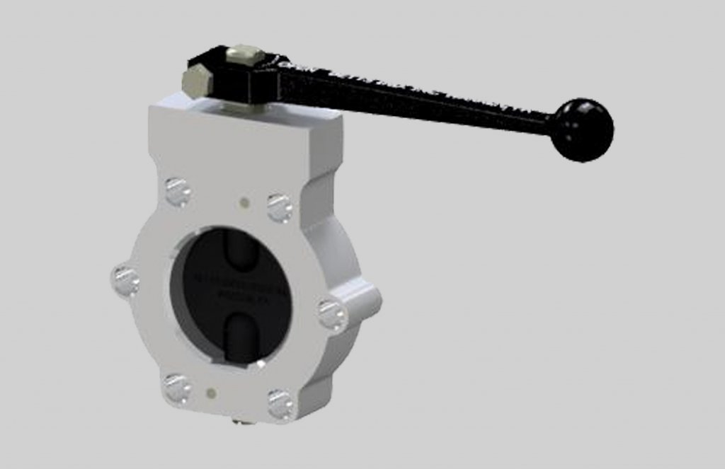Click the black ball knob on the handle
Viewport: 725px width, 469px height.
583,129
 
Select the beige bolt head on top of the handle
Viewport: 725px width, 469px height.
246,54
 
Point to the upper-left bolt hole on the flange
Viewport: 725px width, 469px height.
177,191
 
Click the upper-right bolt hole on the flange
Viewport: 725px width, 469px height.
280,207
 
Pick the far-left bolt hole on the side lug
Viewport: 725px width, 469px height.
126,281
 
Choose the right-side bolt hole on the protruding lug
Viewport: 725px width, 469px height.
331,314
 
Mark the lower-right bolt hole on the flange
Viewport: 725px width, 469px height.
281,404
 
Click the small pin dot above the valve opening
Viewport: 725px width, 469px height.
244,202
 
